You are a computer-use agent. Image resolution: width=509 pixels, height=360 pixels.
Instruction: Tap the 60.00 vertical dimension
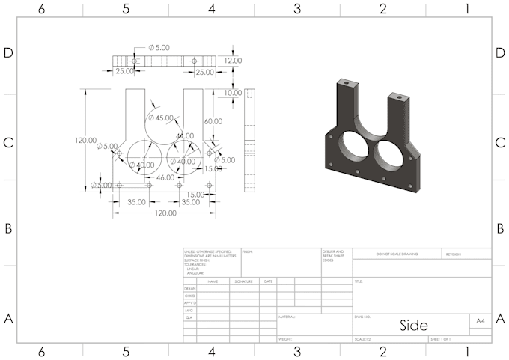pos(213,121)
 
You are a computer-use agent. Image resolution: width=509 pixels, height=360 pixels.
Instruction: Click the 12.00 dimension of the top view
pos(233,61)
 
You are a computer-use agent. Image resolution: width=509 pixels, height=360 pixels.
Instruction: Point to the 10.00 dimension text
pos(233,93)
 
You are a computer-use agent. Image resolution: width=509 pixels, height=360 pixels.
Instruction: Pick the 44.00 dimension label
pos(184,136)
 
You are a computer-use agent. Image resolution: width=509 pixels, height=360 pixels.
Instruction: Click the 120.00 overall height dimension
pos(86,140)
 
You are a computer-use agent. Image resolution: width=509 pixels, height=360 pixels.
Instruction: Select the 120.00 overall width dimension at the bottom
pos(161,213)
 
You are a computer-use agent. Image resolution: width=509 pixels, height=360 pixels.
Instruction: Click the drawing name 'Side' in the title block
pos(413,326)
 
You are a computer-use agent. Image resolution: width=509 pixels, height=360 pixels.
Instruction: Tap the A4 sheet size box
pos(481,320)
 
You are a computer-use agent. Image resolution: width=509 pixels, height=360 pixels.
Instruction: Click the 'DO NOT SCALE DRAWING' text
pos(397,254)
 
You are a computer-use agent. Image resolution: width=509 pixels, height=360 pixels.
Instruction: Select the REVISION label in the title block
pos(454,254)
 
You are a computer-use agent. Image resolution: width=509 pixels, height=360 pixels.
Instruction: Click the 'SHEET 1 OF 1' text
pos(443,339)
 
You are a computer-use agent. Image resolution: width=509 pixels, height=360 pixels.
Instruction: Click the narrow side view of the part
pos(250,142)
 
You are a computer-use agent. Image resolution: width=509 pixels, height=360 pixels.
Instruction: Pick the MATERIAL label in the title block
pos(287,317)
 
